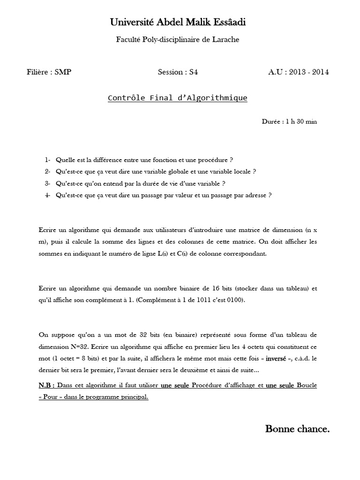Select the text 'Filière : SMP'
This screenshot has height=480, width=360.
coord(49,72)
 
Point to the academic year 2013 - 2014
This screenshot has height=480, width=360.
coord(308,72)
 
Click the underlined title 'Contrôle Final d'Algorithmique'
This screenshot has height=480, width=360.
coord(178,98)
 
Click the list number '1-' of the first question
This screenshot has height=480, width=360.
coord(47,160)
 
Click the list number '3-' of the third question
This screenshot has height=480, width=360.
coord(47,183)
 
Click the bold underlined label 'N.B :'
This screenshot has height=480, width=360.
coord(47,385)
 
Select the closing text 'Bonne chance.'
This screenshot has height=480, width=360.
coord(297,429)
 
